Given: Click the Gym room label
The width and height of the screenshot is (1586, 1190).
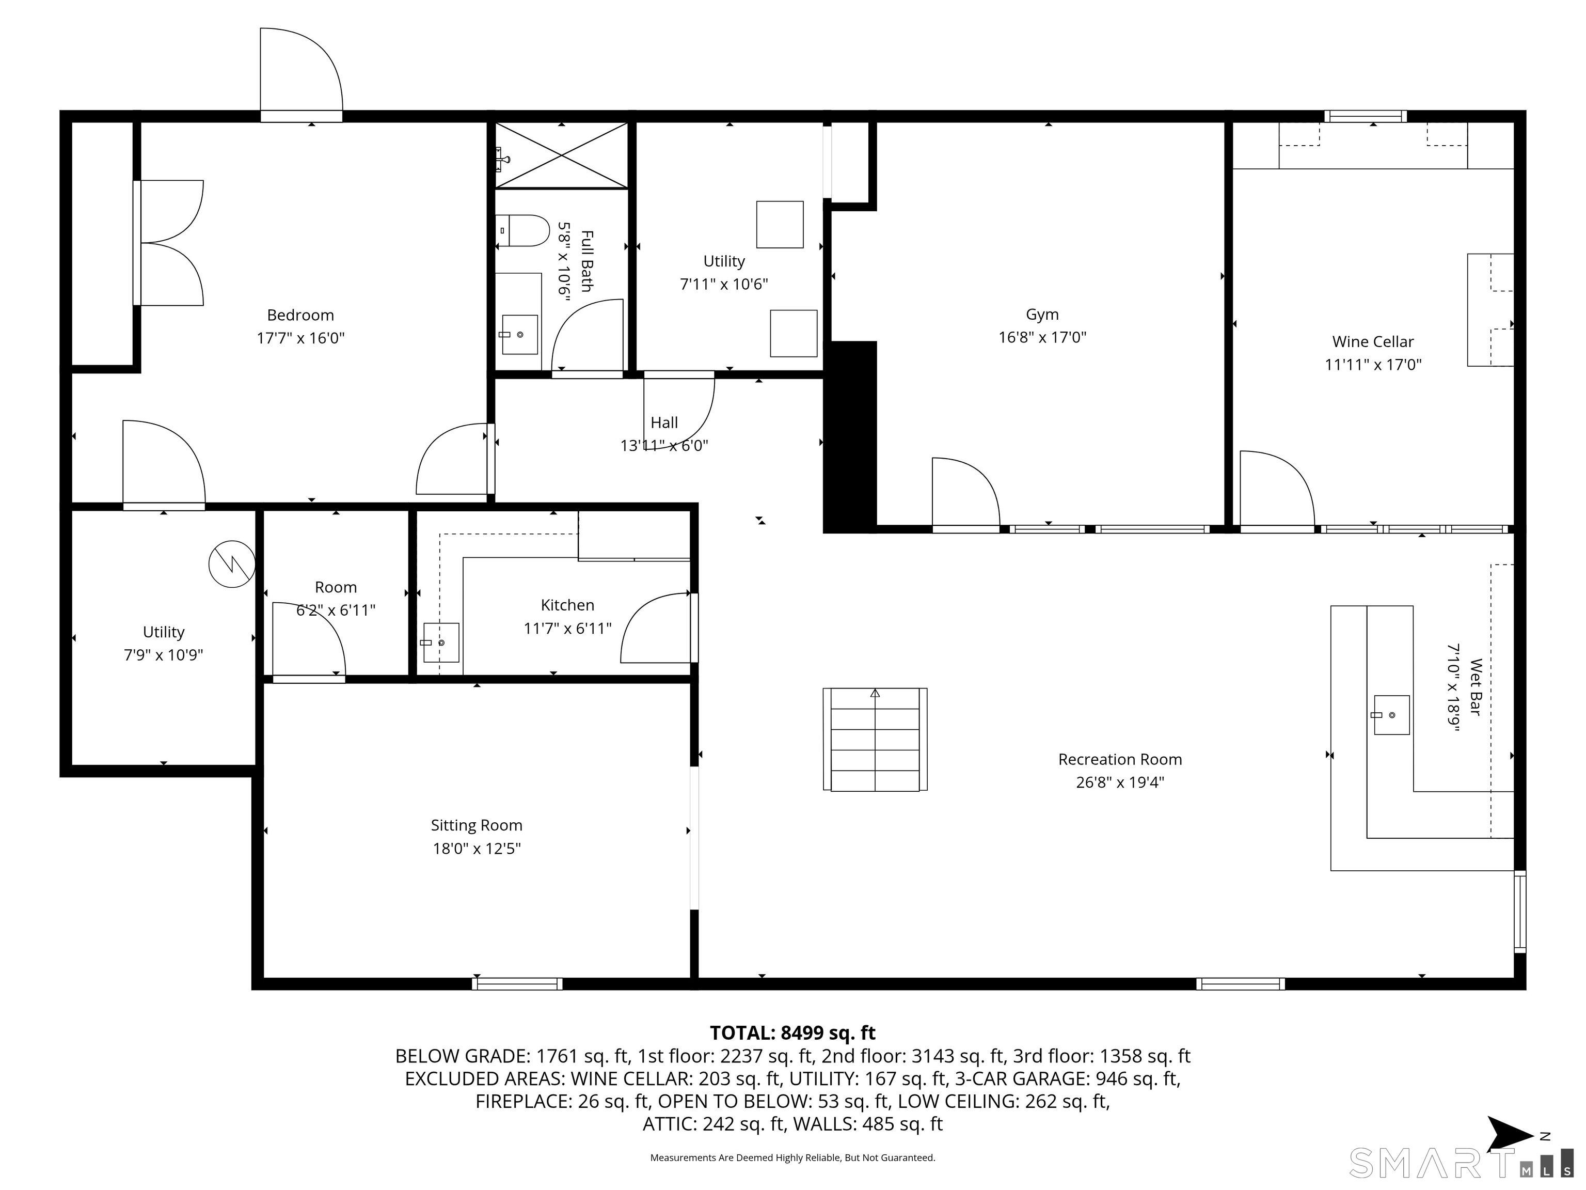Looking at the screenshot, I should [x=1042, y=314].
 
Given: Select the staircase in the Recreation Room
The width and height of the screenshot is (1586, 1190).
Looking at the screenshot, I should [x=875, y=740].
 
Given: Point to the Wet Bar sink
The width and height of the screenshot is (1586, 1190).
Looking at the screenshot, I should [x=1391, y=715].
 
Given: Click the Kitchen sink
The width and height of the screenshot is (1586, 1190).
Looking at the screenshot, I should [x=440, y=643].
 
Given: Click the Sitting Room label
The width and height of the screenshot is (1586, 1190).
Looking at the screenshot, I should [x=476, y=825].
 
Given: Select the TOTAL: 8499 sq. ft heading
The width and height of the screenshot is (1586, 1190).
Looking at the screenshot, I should [x=792, y=1033].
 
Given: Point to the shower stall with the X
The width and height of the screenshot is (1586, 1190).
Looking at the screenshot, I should [x=561, y=155].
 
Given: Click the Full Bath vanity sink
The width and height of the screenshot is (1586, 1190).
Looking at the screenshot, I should [x=519, y=334].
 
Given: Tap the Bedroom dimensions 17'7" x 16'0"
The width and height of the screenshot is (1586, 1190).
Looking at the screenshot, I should [x=300, y=338].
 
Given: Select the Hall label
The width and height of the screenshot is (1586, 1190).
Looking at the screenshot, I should [x=664, y=422].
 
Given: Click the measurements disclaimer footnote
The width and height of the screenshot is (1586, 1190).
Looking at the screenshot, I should [x=792, y=1158].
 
